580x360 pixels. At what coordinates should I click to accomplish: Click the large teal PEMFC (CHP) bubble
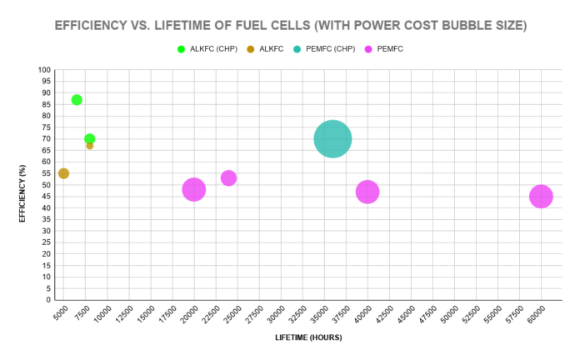click(332, 139)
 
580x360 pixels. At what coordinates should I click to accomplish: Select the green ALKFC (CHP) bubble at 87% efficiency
click(77, 100)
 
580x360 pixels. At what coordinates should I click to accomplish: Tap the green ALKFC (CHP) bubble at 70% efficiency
click(89, 139)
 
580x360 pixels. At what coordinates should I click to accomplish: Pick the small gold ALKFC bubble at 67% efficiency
click(89, 146)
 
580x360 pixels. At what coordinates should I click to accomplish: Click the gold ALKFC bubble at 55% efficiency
click(63, 173)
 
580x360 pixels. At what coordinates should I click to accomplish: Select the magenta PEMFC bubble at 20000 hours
click(193, 189)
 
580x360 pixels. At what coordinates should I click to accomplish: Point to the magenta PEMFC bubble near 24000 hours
click(228, 178)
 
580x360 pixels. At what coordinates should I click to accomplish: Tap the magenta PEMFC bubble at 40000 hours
click(367, 192)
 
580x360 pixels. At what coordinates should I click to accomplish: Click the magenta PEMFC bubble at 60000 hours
click(541, 197)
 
